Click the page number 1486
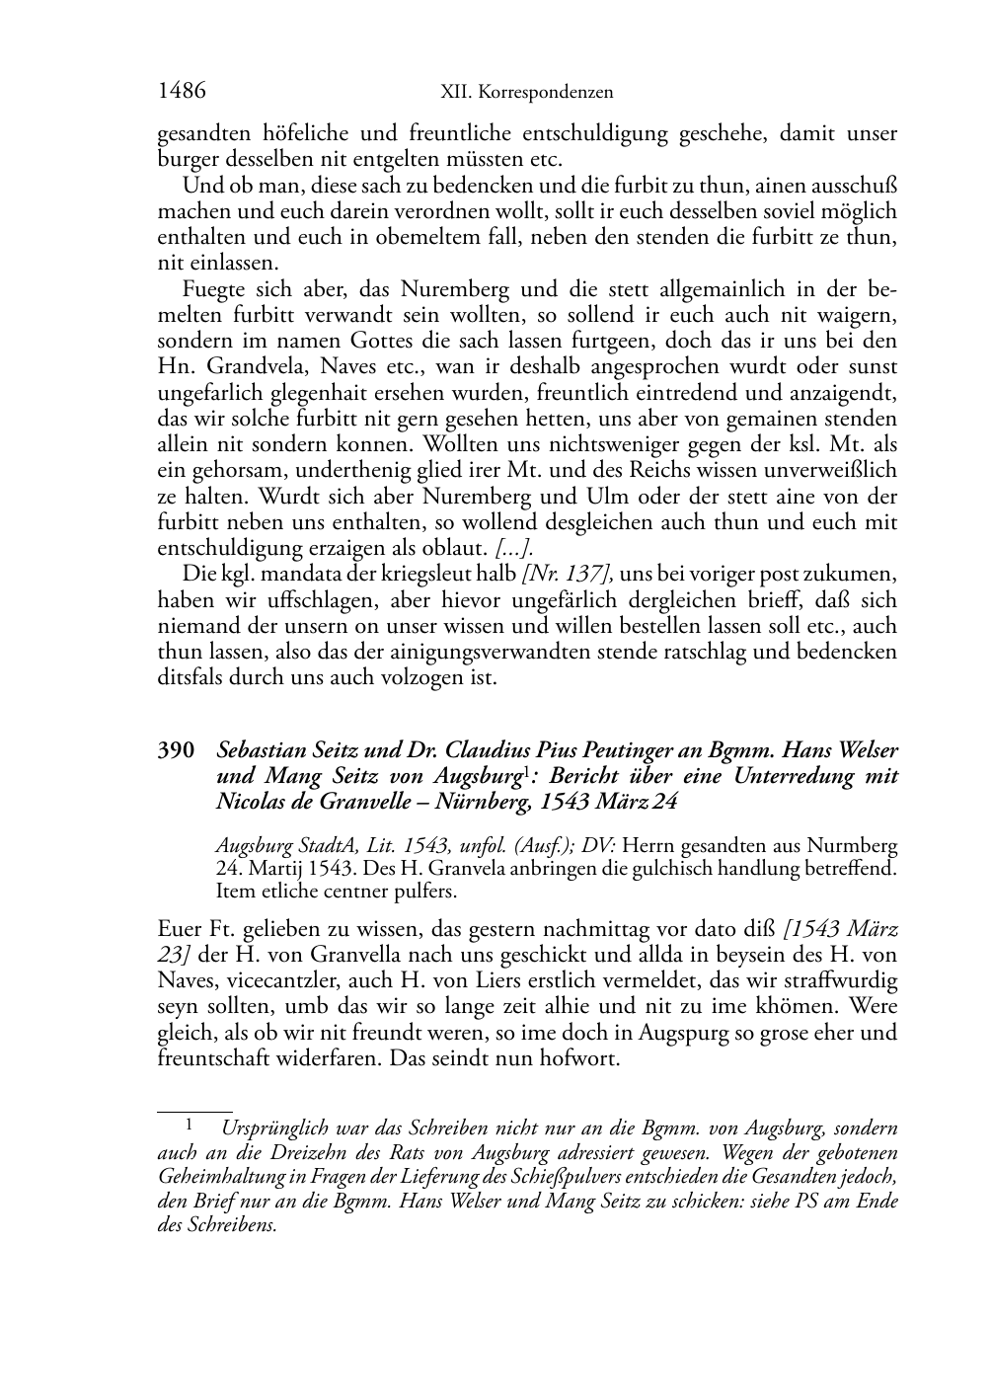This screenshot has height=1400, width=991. pos(182,92)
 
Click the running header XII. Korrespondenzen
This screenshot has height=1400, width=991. pos(526,93)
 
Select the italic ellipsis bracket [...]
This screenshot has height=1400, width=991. pos(515,549)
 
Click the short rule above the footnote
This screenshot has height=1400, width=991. pos(195,1112)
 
